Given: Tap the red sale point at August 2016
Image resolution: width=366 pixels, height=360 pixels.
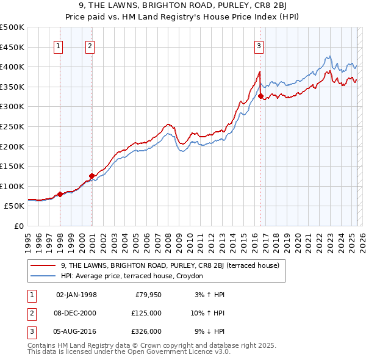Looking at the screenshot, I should [260, 96].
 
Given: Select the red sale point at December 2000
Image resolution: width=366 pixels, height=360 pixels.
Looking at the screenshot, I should [92, 176].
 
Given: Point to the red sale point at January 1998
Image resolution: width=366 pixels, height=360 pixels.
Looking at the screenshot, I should [60, 194].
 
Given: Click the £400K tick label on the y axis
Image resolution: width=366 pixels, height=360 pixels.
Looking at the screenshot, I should [12, 67].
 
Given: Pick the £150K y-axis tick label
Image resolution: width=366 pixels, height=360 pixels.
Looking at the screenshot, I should [12, 166].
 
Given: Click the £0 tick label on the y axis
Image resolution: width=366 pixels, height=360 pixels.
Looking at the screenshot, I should [19, 226].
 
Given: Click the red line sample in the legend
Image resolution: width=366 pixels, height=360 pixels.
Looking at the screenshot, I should [43, 265].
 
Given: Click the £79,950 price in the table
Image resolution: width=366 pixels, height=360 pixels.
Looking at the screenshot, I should [148, 295].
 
